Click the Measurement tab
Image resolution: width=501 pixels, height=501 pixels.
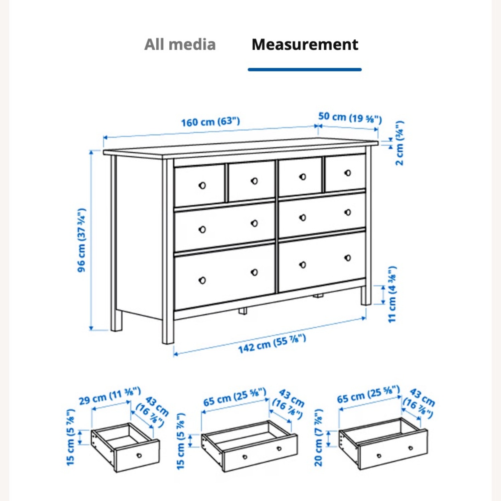[x=305, y=44]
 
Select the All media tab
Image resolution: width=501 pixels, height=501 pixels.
[x=180, y=44]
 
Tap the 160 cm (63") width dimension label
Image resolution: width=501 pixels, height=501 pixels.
[x=210, y=122]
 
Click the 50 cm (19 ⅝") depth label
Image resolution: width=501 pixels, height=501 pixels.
[x=349, y=117]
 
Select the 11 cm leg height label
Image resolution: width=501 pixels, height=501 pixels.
[x=392, y=294]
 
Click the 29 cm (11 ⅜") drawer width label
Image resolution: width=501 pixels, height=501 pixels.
[x=110, y=396]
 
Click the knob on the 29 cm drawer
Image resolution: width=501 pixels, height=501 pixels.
[x=139, y=455]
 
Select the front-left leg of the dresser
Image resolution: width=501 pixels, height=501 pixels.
[x=168, y=331]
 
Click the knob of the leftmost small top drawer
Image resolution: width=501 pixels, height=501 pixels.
[x=202, y=185]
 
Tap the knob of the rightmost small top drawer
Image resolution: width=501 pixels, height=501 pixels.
[x=348, y=173]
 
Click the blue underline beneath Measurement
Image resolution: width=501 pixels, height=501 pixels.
[x=305, y=69]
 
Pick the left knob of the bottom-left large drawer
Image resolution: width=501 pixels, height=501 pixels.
[x=202, y=280]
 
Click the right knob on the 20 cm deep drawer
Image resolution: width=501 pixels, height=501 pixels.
[x=410, y=448]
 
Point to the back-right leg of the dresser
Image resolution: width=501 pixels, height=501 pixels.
[x=366, y=296]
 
